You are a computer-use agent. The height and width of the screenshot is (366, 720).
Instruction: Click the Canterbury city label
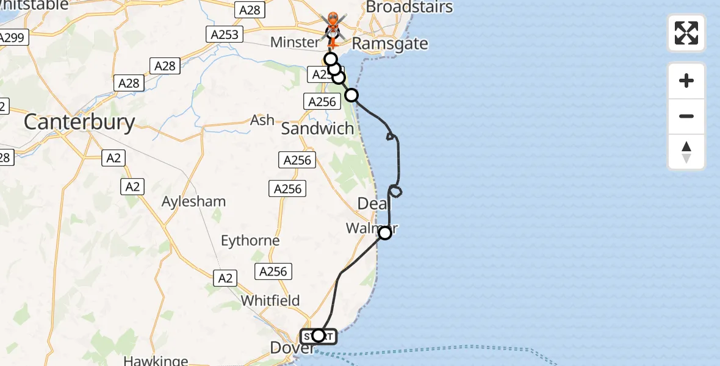click(79, 123)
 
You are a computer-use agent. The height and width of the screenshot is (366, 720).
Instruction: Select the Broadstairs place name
click(409, 7)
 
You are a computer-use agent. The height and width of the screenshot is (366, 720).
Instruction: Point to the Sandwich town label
click(317, 129)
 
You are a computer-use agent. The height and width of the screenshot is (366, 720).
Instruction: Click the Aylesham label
click(194, 201)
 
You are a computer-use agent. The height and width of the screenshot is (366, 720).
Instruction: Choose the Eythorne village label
click(250, 240)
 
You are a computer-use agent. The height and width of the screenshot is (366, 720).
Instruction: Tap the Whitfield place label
click(270, 300)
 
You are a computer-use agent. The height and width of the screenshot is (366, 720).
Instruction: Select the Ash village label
click(262, 120)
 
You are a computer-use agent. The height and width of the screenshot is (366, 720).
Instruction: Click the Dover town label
click(292, 348)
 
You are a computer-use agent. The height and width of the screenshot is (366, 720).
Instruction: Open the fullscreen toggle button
click(686, 33)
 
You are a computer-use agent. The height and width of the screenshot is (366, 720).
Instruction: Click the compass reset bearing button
click(686, 152)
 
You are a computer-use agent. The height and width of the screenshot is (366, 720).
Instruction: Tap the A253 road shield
click(225, 34)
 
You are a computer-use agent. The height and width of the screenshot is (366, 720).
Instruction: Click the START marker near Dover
click(318, 335)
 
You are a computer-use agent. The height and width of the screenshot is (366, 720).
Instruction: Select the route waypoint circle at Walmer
click(385, 232)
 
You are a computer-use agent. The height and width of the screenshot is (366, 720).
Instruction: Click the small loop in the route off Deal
click(396, 192)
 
